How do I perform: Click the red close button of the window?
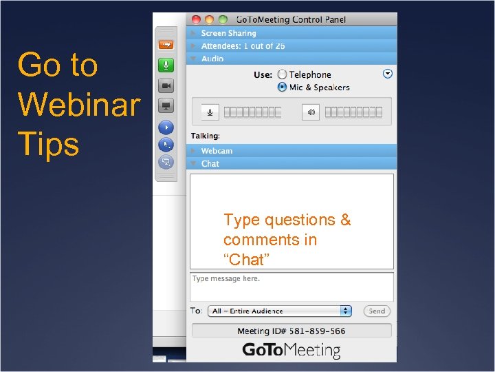[x=196, y=19]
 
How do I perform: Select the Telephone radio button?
[x=282, y=74]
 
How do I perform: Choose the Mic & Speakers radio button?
[x=282, y=87]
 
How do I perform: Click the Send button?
[x=377, y=311]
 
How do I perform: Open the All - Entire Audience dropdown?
[x=281, y=311]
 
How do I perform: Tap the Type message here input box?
[x=291, y=286]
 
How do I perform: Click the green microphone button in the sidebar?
[x=166, y=65]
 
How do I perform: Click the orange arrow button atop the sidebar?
[x=166, y=45]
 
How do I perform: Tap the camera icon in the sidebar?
[x=166, y=85]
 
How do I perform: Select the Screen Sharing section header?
[x=228, y=33]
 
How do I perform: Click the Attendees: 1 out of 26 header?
[x=243, y=46]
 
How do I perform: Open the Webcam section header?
[x=217, y=151]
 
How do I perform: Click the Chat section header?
[x=210, y=164]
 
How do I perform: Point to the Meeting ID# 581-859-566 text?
[x=291, y=331]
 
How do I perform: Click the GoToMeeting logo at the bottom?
[x=291, y=351]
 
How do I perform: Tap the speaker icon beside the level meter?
[x=311, y=112]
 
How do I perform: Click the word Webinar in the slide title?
[x=78, y=105]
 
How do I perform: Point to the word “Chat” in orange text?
[x=246, y=260]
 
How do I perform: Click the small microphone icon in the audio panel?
[x=210, y=112]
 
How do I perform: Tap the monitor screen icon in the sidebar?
[x=166, y=106]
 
